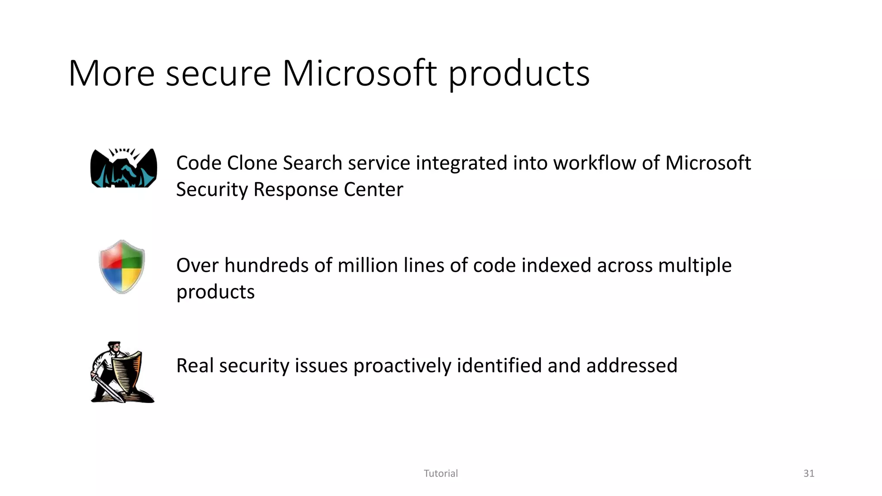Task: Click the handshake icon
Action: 124,168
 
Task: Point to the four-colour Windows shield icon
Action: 122,267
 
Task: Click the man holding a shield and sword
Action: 122,372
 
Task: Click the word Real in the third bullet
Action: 195,366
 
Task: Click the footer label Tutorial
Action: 441,474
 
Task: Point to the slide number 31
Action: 809,474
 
